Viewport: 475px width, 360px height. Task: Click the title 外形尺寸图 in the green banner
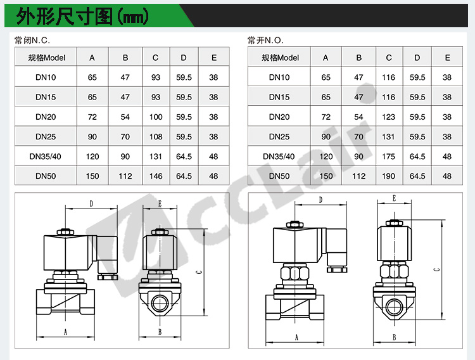[x=64, y=16]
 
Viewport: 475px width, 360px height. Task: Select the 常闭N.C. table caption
[x=32, y=40]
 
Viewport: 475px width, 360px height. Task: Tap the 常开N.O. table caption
[x=265, y=40]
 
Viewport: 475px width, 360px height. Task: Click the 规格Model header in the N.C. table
[x=47, y=58]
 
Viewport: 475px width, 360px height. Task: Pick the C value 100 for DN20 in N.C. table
[x=156, y=117]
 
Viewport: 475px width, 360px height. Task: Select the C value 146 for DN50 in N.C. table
[x=156, y=176]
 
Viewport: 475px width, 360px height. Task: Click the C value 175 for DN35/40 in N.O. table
[x=388, y=157]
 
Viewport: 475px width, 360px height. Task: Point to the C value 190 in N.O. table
[x=388, y=176]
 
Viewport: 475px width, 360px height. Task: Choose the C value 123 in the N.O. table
[x=388, y=117]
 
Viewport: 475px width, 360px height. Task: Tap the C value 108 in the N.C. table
[x=156, y=137]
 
